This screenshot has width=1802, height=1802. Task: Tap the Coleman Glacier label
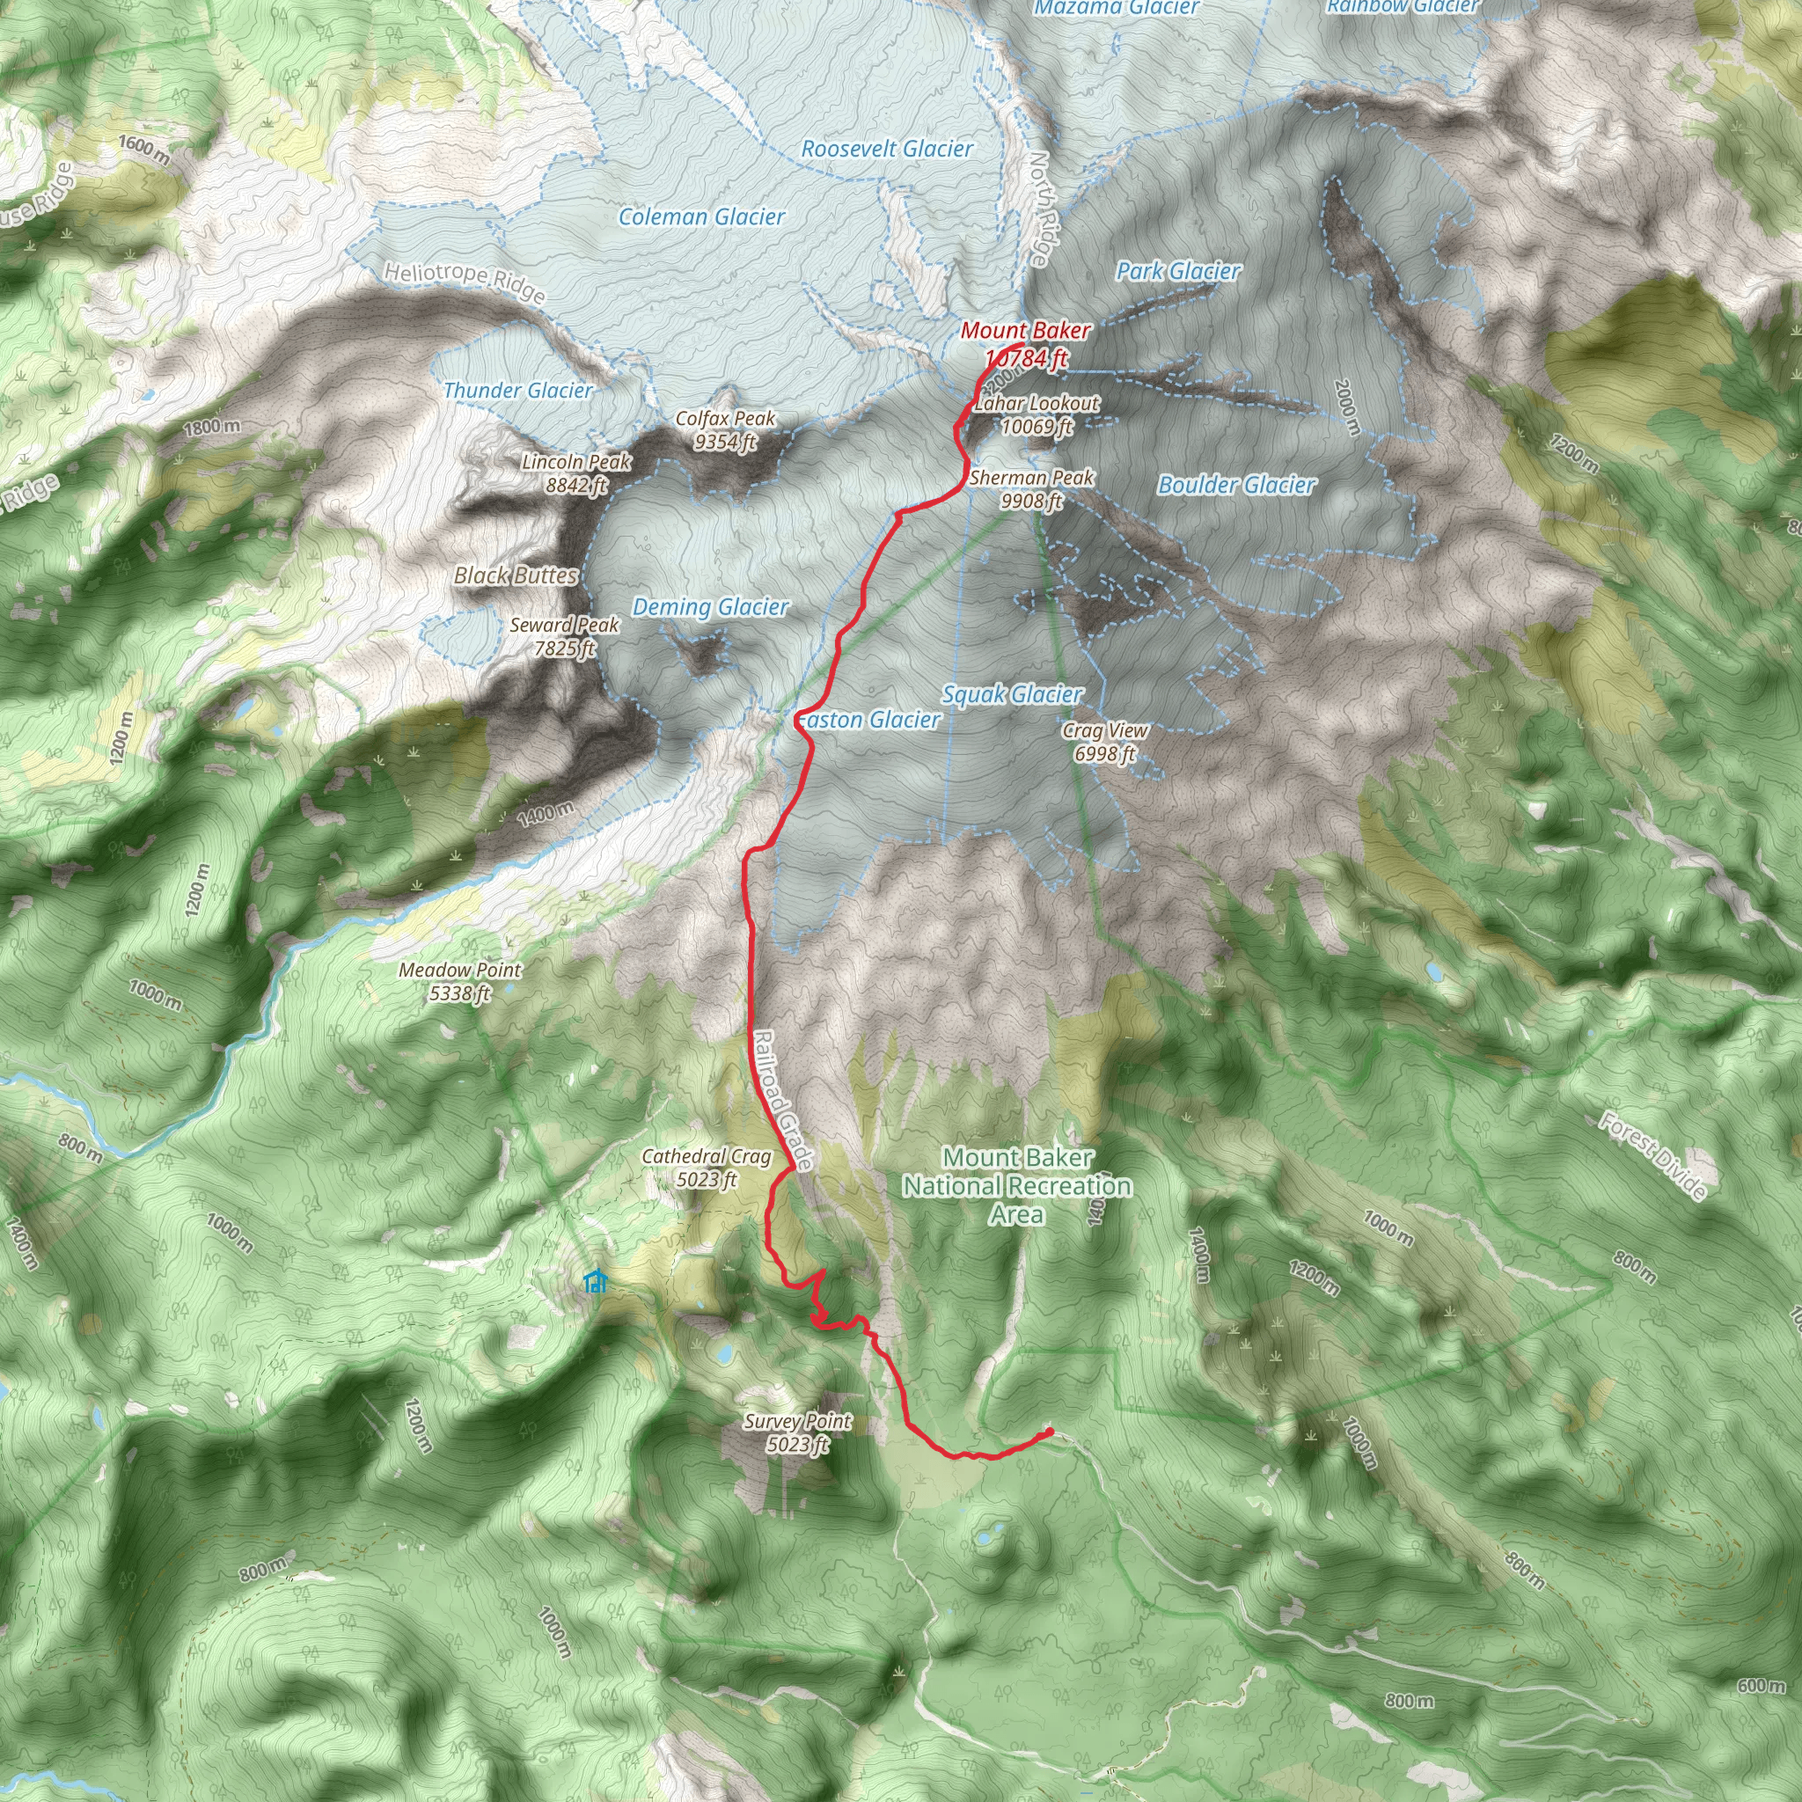[x=701, y=217]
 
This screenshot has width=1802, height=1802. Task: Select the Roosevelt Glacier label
[x=887, y=150]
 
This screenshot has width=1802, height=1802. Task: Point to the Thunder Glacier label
[x=517, y=391]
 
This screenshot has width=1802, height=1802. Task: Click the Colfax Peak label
[x=725, y=430]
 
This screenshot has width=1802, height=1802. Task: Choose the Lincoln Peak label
[x=576, y=472]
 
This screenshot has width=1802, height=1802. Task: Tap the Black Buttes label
[x=516, y=575]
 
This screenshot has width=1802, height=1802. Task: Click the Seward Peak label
[x=564, y=636]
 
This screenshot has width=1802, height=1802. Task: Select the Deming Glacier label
[x=711, y=608]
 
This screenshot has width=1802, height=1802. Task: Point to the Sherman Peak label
[x=1031, y=488]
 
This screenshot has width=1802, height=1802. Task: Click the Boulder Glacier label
[x=1237, y=485]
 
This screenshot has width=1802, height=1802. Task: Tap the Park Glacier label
[x=1179, y=271]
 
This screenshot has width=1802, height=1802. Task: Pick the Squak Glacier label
[x=1012, y=695]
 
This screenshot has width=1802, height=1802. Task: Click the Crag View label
[x=1105, y=742]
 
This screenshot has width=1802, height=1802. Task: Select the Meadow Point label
[x=460, y=981]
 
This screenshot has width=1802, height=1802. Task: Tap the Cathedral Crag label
[x=707, y=1168]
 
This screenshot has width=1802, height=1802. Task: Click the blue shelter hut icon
[x=594, y=1281]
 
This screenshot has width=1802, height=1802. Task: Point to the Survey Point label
[x=797, y=1432]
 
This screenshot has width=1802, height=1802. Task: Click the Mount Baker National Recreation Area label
[x=1018, y=1185]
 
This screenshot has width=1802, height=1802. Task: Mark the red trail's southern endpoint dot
[x=1050, y=1431]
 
